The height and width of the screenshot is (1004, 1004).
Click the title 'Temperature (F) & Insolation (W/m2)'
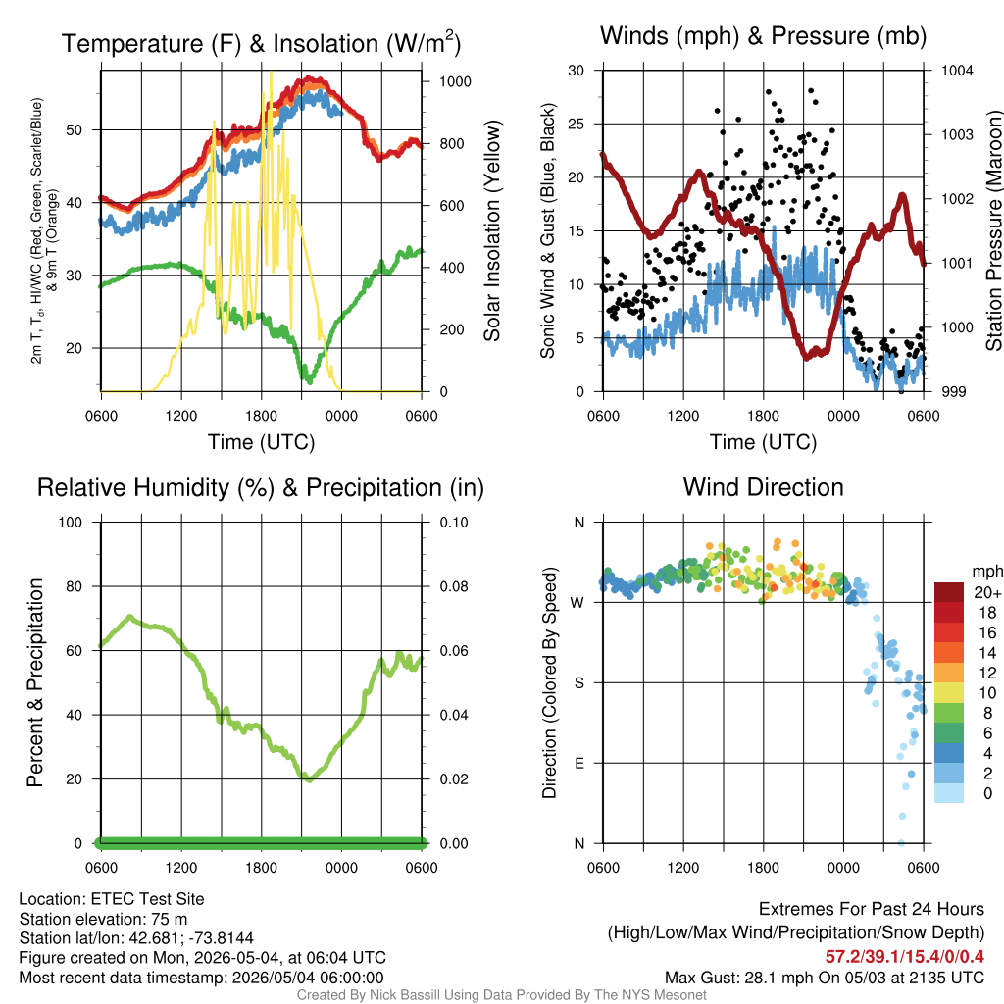261,43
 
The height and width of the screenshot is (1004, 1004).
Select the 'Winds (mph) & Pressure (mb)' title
763,36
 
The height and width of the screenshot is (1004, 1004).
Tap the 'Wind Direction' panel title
763,487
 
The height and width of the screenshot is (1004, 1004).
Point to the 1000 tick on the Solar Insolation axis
455,81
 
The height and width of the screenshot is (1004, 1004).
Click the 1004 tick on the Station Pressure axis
957,71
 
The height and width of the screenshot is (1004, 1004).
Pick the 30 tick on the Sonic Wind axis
577,71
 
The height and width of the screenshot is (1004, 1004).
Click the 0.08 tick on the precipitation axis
454,586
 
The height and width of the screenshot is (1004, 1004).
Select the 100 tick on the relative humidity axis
71,523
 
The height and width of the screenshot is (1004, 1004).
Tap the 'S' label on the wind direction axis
578,683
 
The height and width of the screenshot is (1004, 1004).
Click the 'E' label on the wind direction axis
579,763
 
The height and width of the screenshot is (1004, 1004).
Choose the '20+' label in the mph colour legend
987,593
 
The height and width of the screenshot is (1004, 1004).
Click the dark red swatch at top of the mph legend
949,593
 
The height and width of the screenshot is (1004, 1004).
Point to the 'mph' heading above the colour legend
987,572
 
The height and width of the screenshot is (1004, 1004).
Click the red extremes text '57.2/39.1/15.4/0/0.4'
905,957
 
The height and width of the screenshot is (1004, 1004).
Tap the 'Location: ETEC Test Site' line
112,899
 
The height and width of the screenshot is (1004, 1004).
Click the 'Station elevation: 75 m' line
103,919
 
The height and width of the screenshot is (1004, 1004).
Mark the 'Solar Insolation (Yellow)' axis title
491,230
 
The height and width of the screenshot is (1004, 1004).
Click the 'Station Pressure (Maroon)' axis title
994,230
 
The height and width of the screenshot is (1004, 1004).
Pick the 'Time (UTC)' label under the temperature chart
261,442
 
